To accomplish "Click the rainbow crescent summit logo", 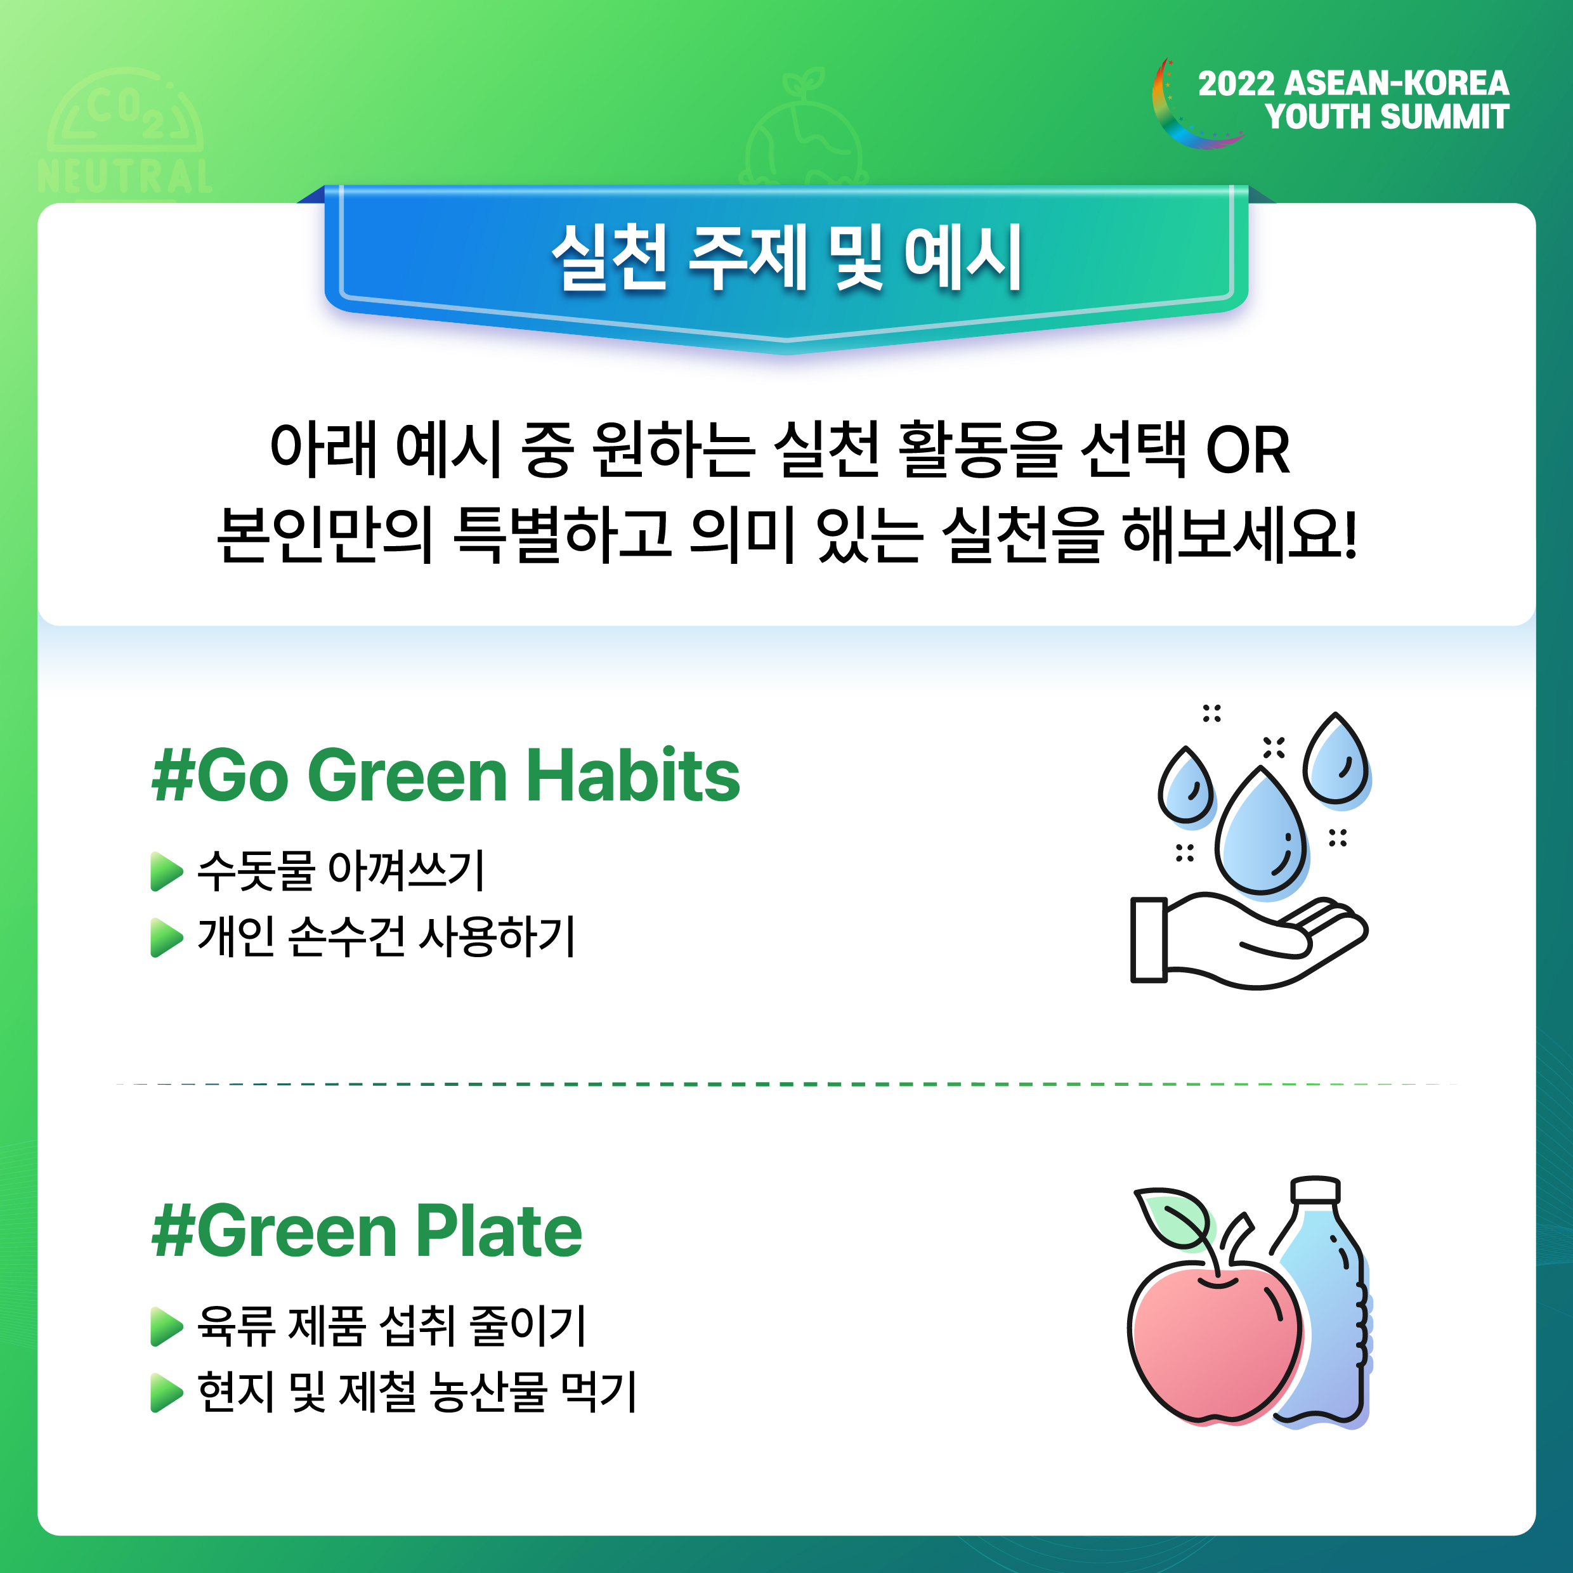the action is tap(1172, 122).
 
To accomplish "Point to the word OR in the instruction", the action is tap(1248, 450).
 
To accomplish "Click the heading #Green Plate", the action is tap(367, 1231).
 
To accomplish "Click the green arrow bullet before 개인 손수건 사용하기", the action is tap(167, 938).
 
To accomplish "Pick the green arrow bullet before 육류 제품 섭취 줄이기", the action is tap(167, 1327).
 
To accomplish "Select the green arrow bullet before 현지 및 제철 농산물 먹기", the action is tap(167, 1393).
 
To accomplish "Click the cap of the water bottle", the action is tap(1315, 1189).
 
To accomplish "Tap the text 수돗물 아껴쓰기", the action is tap(341, 871).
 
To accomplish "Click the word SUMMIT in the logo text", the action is tap(1445, 117).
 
